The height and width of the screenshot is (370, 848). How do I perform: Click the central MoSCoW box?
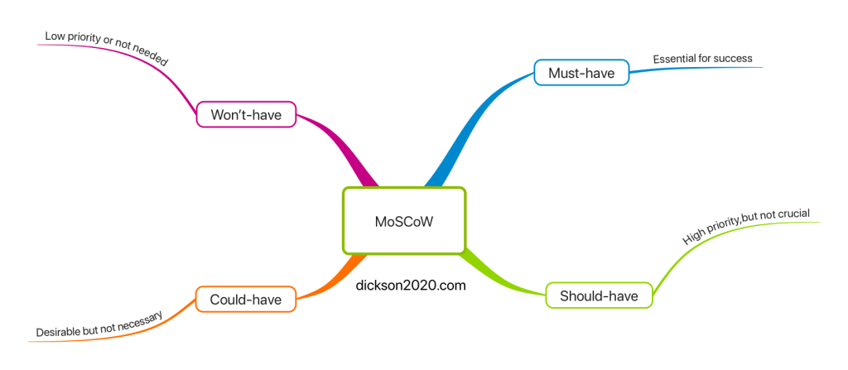coord(404,221)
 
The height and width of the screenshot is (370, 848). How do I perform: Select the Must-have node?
coord(581,73)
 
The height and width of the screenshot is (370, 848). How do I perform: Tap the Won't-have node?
coord(246,115)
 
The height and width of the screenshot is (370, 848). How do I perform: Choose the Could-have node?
coord(245,299)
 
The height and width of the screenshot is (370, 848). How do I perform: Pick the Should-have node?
coord(599,296)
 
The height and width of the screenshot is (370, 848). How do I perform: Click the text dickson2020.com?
coord(410,285)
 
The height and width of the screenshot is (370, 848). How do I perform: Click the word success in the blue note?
coord(733,59)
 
